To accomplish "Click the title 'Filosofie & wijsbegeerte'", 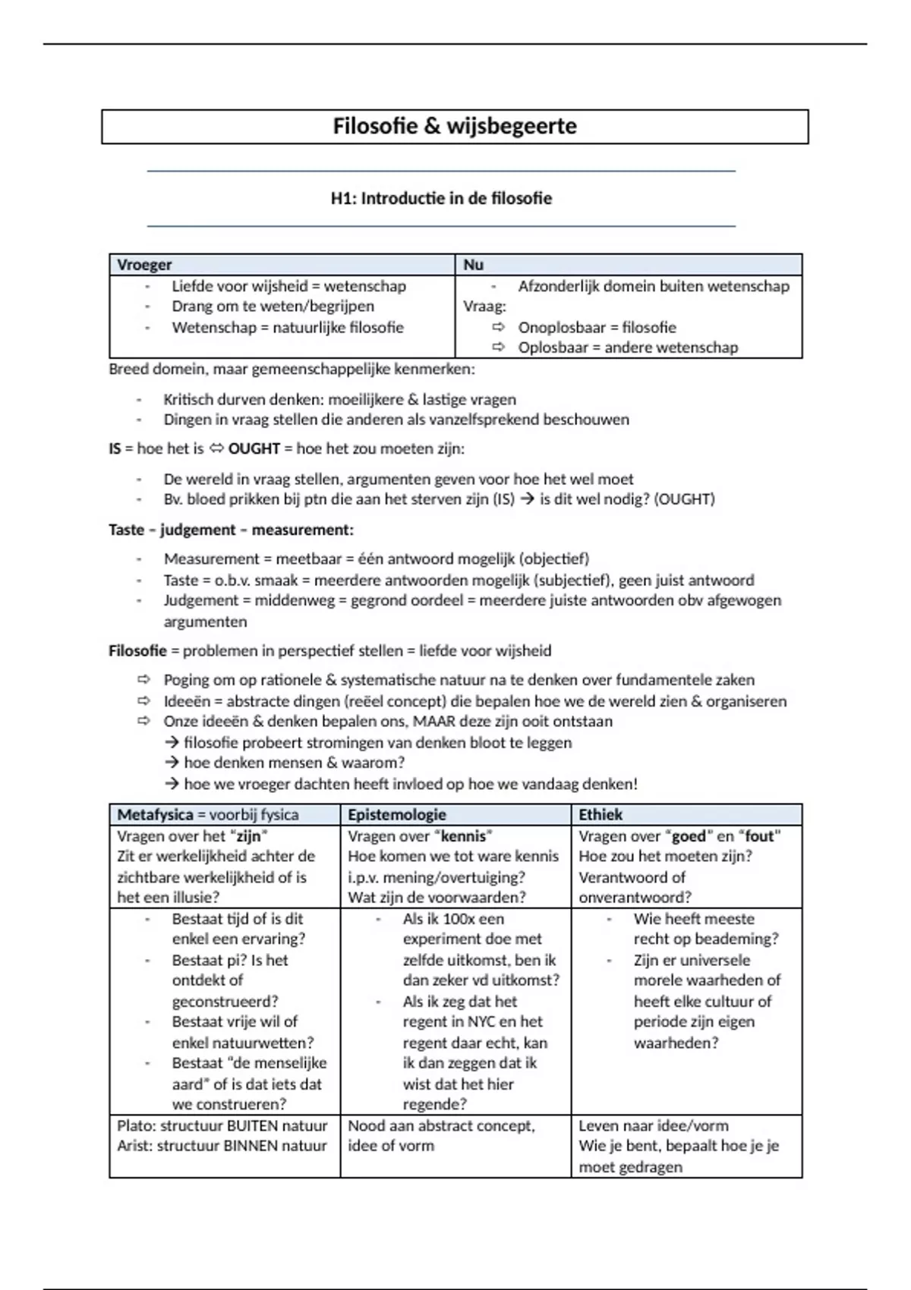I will (x=454, y=126).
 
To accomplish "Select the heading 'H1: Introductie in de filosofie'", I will (x=441, y=199).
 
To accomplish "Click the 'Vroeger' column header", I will (x=144, y=265).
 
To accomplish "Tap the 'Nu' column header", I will (x=473, y=265).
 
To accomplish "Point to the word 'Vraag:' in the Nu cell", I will (x=484, y=307).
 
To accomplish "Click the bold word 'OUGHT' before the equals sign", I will (x=254, y=448).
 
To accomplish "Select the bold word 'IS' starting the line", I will (x=115, y=448).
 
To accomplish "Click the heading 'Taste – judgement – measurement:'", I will (x=231, y=530).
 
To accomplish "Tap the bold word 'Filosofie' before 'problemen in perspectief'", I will (x=137, y=651).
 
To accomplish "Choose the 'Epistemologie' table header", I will (x=397, y=815).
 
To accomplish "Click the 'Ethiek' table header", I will (x=601, y=815).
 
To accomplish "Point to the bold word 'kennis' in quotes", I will (x=463, y=836).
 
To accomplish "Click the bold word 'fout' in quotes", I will (x=759, y=836).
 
